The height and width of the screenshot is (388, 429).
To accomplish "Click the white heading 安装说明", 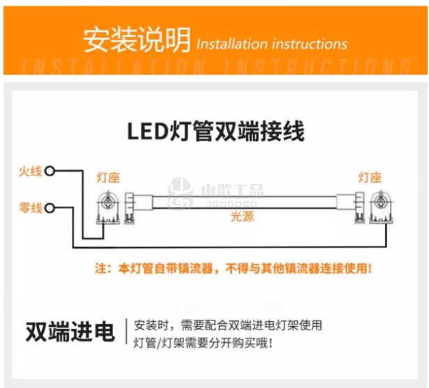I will point(135,41).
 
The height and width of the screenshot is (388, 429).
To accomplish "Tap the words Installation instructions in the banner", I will point(271,44).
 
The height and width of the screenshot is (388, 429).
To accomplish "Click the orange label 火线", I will point(31,171).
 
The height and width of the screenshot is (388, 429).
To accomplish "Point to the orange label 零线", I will point(31,208).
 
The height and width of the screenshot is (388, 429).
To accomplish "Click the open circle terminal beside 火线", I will point(50,171).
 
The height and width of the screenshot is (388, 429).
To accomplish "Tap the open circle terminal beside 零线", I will point(50,208).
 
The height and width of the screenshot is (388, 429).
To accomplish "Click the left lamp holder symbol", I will point(107,207).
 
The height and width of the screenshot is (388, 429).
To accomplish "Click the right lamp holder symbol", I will point(377,207).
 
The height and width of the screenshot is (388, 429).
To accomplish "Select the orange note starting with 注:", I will point(234,267).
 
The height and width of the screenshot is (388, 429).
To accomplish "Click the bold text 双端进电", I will point(70,333).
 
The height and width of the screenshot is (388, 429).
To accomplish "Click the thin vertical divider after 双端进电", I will point(126,333).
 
